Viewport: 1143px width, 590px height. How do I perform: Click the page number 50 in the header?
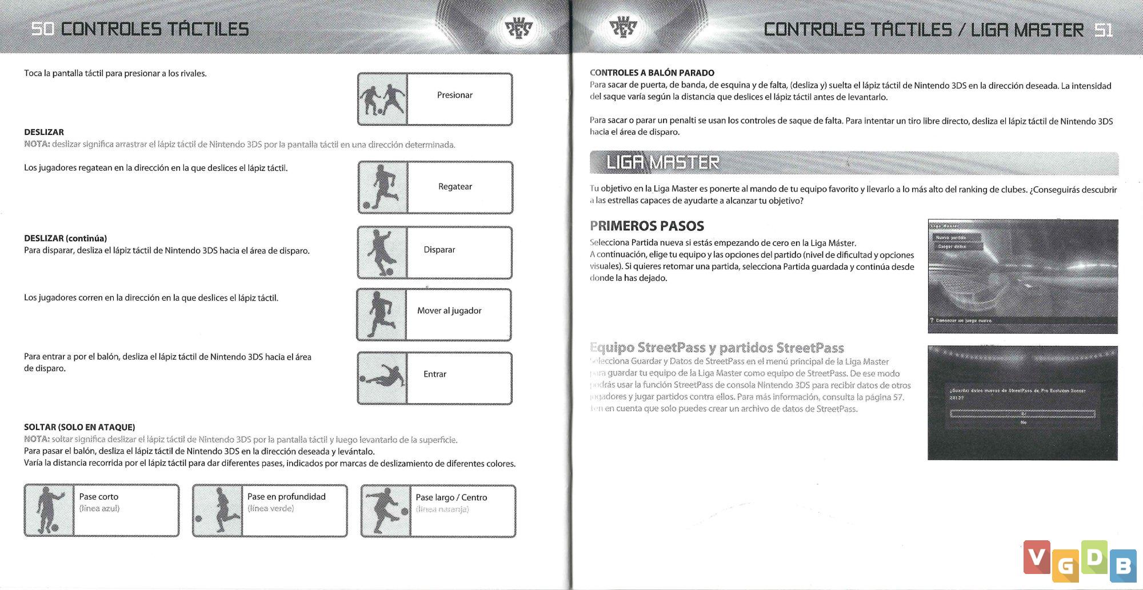pos(42,29)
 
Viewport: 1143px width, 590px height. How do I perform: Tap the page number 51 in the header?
pos(1104,30)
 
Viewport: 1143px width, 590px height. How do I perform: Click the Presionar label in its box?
pos(454,95)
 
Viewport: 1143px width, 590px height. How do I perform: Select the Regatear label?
pos(455,186)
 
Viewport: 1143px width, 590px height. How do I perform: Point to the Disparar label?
pos(439,250)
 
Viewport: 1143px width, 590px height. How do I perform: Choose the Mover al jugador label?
pos(449,310)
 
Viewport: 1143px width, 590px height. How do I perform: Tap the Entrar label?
pos(435,374)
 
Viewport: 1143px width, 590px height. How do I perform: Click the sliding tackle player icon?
pos(382,378)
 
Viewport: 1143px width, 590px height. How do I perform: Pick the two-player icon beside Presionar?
pos(382,99)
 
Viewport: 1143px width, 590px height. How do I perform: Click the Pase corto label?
pos(99,497)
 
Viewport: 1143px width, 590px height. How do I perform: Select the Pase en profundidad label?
pos(286,497)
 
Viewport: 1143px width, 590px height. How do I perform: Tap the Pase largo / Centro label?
pos(451,497)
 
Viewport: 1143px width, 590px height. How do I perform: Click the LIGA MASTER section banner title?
pos(662,163)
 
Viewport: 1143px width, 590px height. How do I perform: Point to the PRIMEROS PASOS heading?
pos(647,226)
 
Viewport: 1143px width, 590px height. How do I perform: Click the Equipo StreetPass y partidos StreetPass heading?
pos(717,348)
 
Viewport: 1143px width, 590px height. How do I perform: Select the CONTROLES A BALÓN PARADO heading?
pos(652,73)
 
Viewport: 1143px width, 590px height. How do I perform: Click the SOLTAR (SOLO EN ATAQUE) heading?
pos(79,427)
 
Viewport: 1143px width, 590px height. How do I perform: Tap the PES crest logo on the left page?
pos(519,27)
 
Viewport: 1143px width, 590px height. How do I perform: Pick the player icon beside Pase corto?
pos(49,511)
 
